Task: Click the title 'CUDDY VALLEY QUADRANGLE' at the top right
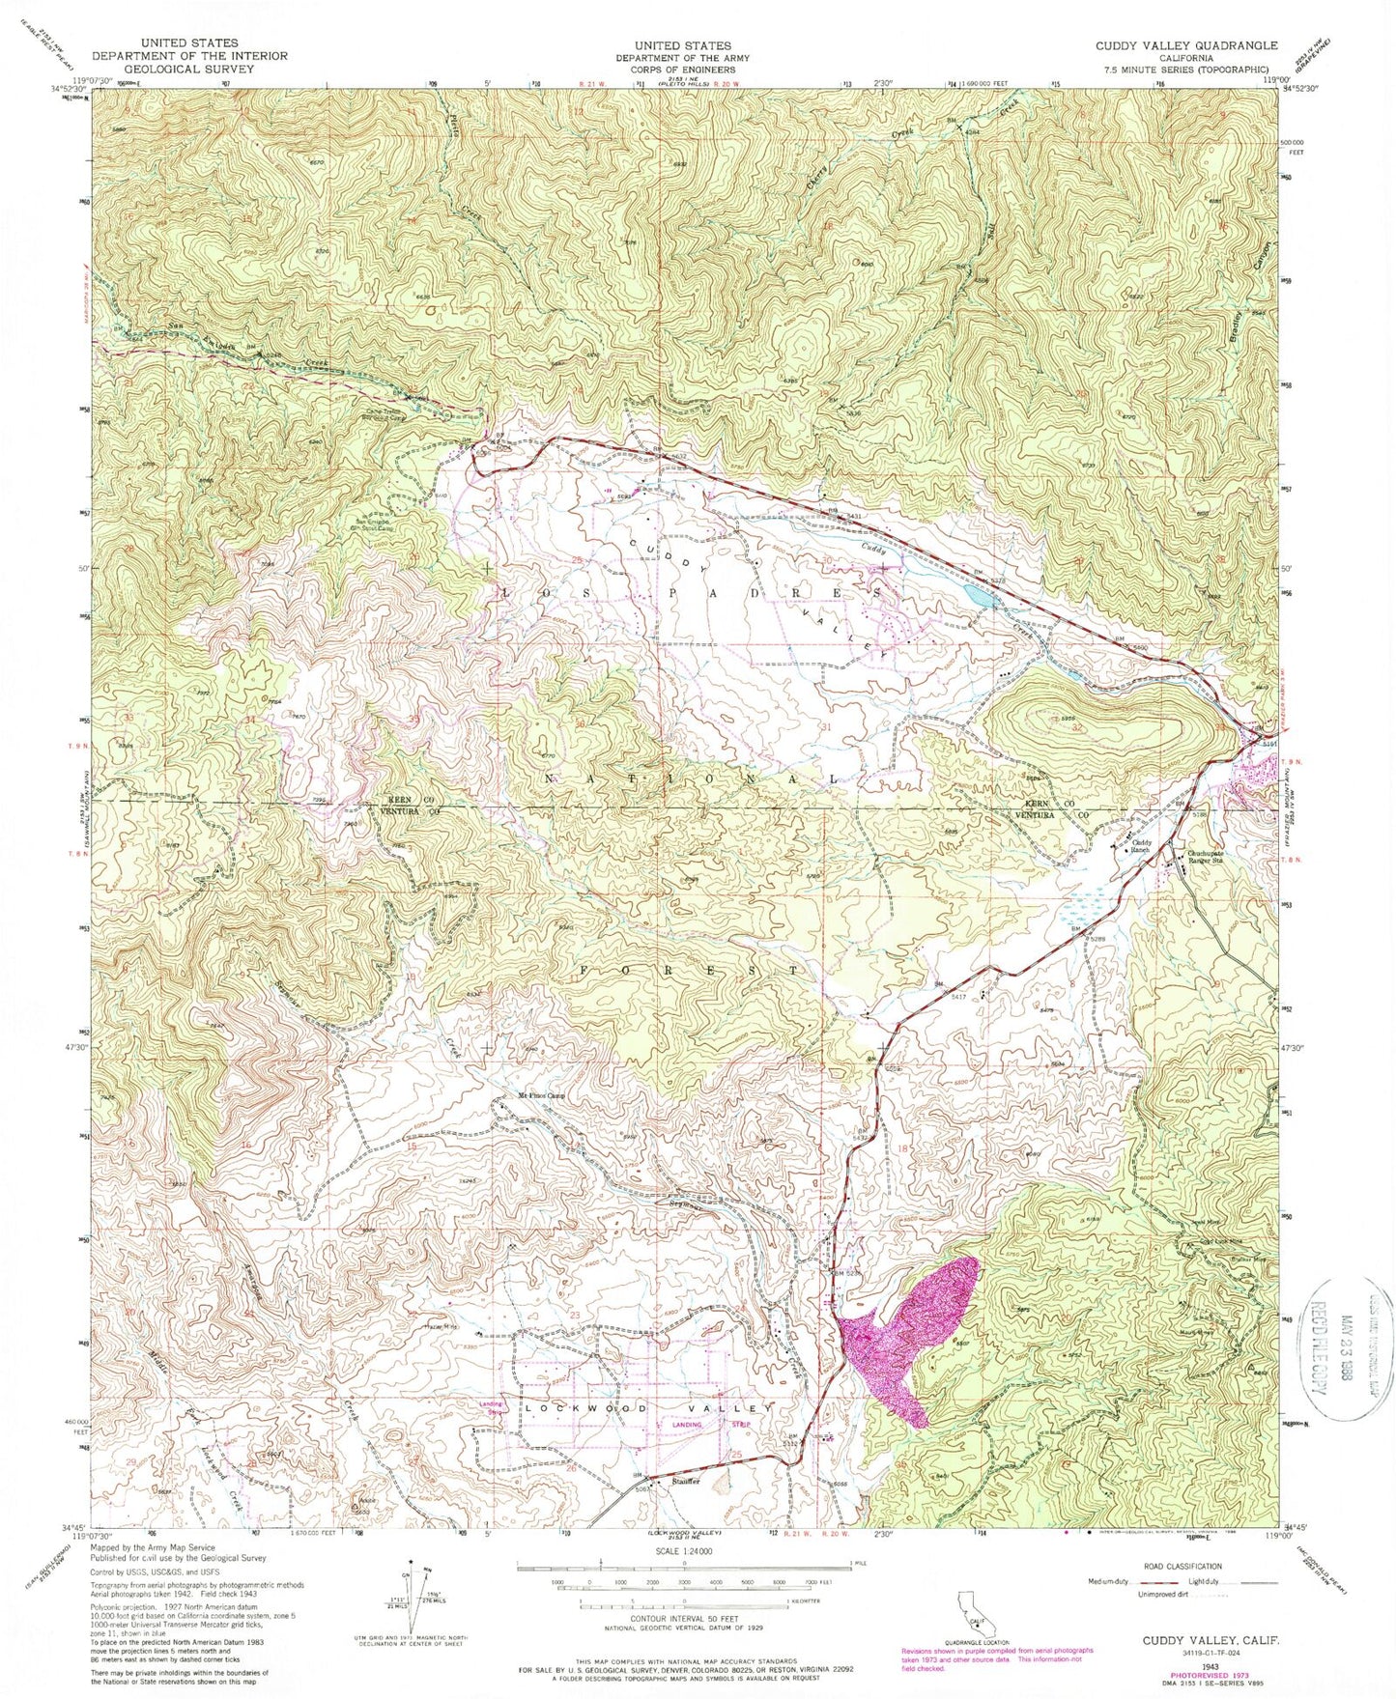coord(1185,45)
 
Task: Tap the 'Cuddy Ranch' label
coord(1143,844)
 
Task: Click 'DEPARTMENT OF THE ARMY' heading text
coord(682,57)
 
